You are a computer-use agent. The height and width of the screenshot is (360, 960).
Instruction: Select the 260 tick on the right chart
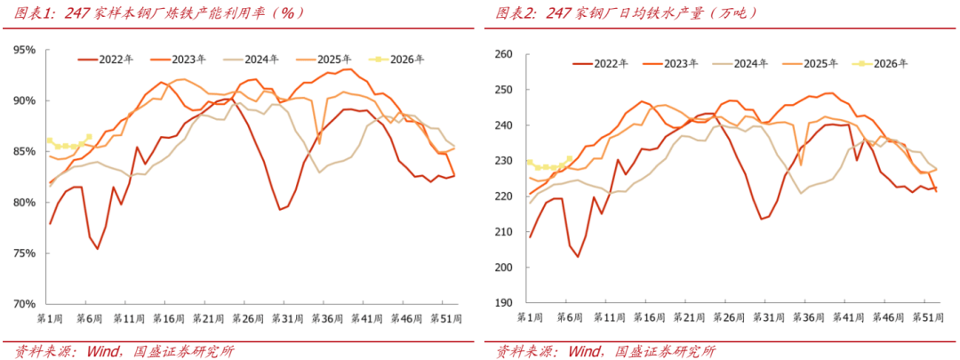[504, 55]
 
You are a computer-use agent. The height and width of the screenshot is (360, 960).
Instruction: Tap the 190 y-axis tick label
[504, 303]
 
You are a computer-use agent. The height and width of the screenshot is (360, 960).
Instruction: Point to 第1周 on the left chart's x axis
[51, 317]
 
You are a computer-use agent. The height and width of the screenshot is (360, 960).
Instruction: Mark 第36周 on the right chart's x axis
[806, 317]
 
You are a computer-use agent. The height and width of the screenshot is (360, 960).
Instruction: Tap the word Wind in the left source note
[103, 350]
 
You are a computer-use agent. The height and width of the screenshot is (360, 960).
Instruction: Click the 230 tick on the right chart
[504, 161]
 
